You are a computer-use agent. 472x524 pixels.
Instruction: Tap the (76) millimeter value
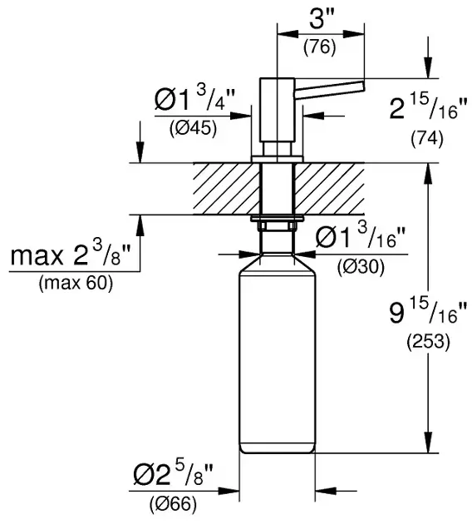(319, 47)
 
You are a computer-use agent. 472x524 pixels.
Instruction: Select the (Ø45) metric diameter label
(193, 128)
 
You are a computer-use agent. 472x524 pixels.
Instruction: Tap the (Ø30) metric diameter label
(361, 267)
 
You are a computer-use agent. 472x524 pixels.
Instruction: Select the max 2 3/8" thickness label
(70, 255)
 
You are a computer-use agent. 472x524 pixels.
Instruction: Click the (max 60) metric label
(76, 284)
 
